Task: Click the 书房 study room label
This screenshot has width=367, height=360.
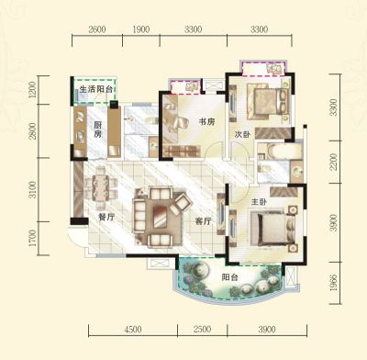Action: pyautogui.click(x=206, y=121)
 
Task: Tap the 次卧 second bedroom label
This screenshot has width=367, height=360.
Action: pyautogui.click(x=242, y=134)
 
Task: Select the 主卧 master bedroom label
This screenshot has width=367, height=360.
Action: pyautogui.click(x=259, y=202)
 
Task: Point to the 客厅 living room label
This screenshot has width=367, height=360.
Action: pyautogui.click(x=203, y=220)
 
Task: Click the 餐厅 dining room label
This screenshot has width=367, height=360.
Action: pyautogui.click(x=106, y=217)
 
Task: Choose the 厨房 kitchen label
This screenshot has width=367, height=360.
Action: pyautogui.click(x=97, y=129)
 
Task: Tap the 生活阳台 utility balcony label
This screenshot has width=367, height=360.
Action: pyautogui.click(x=96, y=89)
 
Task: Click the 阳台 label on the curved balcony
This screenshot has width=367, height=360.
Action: pyautogui.click(x=229, y=277)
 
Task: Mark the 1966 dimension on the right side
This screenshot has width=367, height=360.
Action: pyautogui.click(x=333, y=282)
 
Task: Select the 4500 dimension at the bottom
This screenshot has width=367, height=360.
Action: pyautogui.click(x=133, y=330)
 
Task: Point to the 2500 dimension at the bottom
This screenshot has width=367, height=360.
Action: pyautogui.click(x=202, y=329)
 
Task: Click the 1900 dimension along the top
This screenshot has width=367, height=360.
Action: pyautogui.click(x=141, y=29)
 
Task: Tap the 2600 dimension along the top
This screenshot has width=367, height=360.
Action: pyautogui.click(x=97, y=29)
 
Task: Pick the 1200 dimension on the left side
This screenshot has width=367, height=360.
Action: pyautogui.click(x=32, y=89)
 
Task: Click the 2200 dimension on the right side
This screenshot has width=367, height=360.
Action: pyautogui.click(x=333, y=162)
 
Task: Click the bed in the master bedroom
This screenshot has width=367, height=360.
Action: pyautogui.click(x=274, y=227)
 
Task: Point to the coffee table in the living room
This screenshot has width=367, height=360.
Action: pyautogui.click(x=160, y=216)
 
